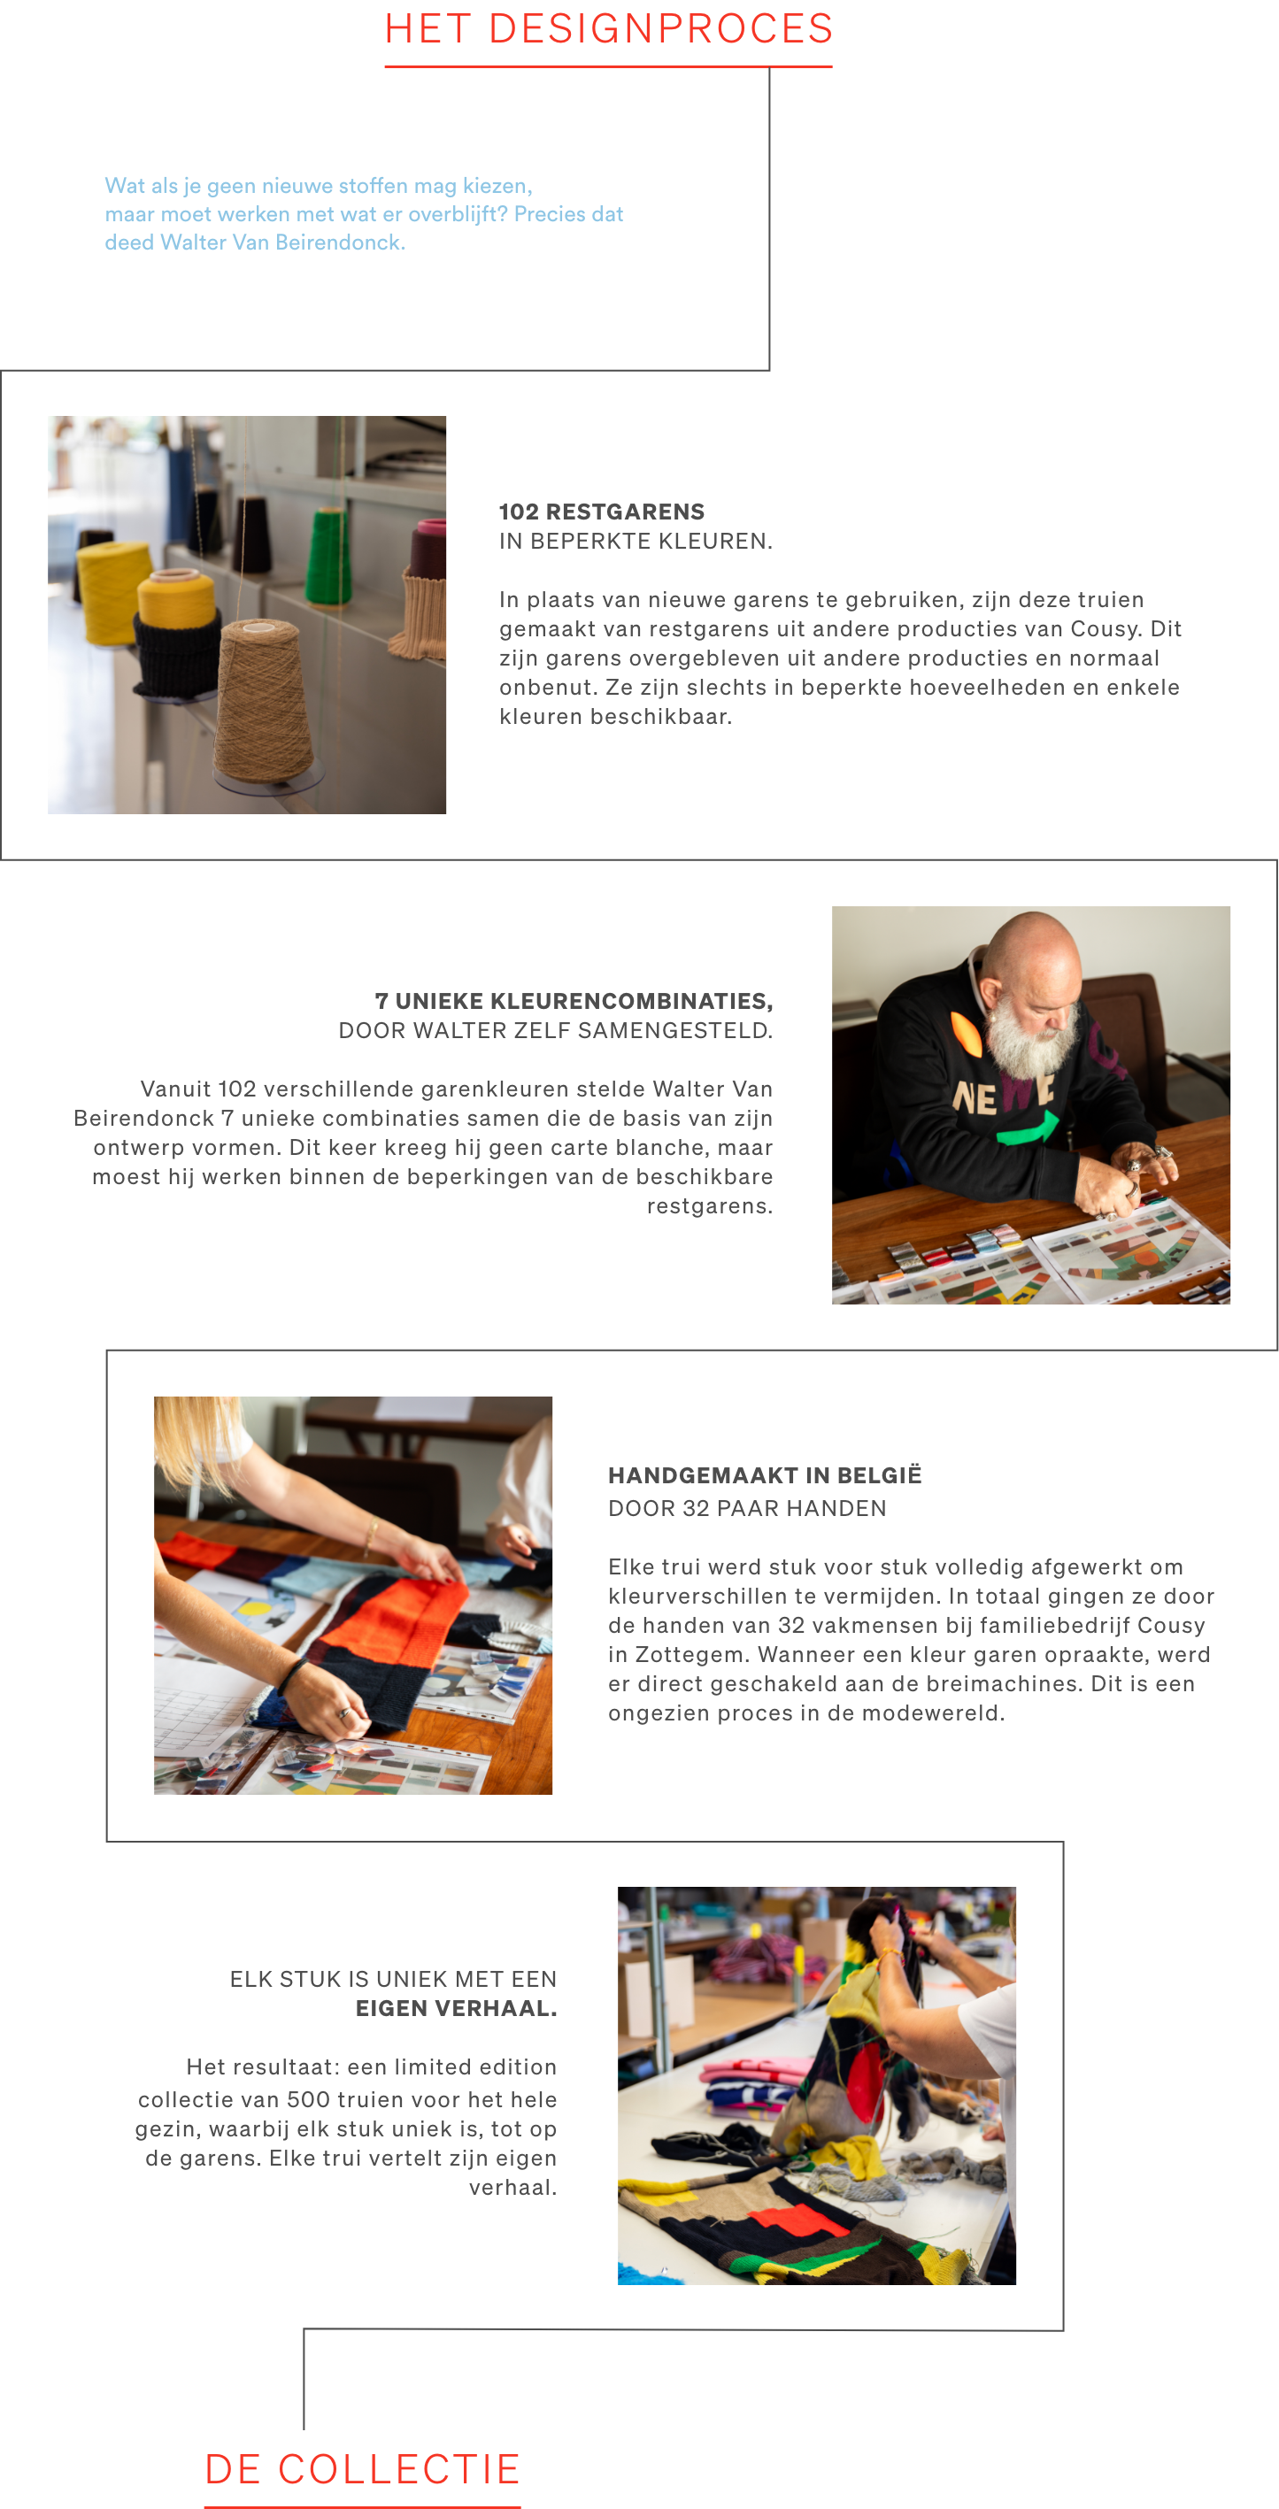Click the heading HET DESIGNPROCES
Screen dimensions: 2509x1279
(608, 29)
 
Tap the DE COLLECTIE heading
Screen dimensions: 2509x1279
(362, 2468)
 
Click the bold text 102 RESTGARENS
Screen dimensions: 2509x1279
(601, 512)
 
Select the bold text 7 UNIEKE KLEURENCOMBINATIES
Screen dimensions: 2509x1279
(574, 1001)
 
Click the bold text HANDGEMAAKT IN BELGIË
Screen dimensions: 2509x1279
(765, 1475)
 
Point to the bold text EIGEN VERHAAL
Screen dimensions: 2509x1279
(456, 2008)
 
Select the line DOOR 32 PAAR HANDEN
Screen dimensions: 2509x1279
(747, 1509)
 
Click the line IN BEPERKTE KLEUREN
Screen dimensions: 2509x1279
(636, 542)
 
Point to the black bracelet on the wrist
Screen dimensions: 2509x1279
(291, 1675)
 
